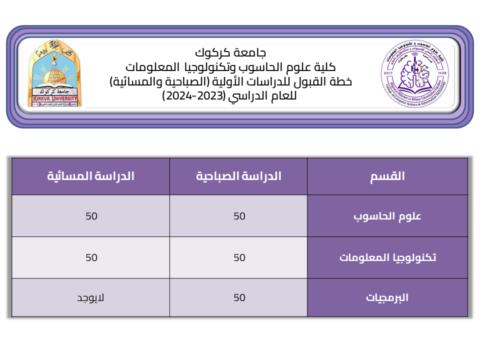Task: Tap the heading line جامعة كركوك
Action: (x=230, y=52)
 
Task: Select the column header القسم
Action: (x=387, y=176)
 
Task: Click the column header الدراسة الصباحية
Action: (x=238, y=176)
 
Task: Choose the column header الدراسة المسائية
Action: (x=90, y=176)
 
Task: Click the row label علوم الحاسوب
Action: (x=387, y=216)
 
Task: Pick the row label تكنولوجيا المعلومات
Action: (x=387, y=257)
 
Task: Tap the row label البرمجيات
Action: (x=387, y=297)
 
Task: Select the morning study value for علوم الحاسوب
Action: (x=239, y=216)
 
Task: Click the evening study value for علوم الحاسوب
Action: (x=91, y=216)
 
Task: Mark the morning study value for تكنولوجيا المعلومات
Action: (x=239, y=257)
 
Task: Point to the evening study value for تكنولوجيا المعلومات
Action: (x=91, y=257)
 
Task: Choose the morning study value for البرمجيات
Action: (x=239, y=297)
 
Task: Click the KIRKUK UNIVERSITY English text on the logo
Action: (x=53, y=98)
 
